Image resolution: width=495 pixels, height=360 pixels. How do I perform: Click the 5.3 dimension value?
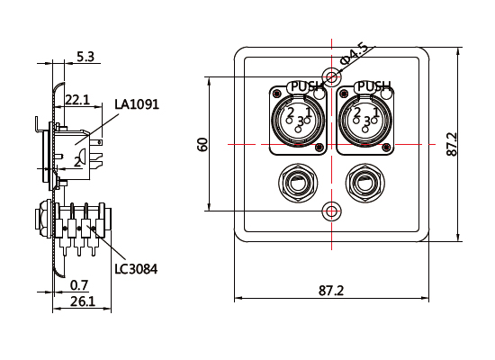(86, 56)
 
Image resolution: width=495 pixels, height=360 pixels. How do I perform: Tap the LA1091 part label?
(137, 104)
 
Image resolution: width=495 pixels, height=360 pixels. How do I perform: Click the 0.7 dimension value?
(79, 285)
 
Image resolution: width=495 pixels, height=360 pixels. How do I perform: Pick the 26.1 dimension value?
(83, 301)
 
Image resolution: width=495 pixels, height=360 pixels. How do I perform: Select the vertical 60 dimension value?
(203, 144)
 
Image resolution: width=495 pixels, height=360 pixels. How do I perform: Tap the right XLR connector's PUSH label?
(373, 87)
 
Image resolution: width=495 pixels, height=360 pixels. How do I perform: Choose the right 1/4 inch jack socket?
(367, 186)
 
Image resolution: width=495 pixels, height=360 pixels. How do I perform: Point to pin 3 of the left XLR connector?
(300, 121)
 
